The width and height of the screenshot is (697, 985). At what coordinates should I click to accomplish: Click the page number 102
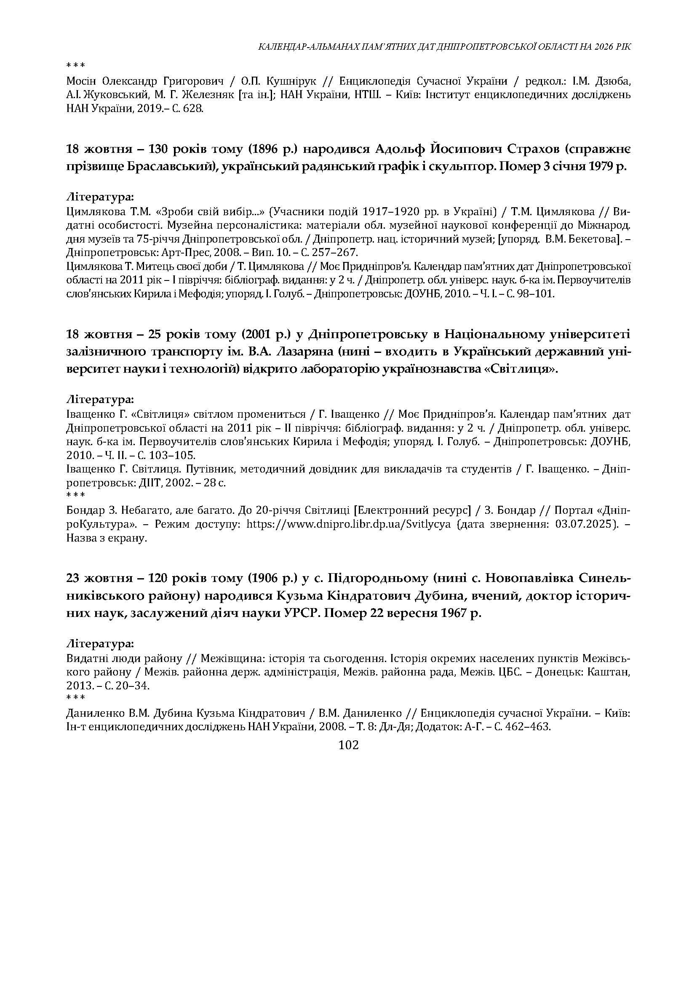pos(348,745)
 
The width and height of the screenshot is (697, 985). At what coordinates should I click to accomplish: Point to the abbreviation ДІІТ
pos(159,483)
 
